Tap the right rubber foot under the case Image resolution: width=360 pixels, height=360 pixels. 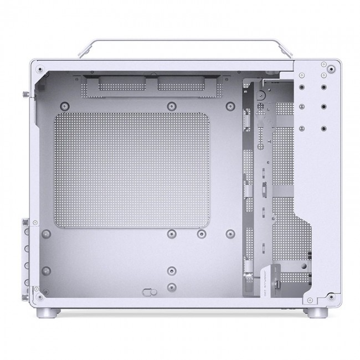317,312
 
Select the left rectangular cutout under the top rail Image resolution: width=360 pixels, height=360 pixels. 123,84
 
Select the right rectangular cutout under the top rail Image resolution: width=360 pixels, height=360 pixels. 181,84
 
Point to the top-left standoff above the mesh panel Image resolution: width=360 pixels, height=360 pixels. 65,105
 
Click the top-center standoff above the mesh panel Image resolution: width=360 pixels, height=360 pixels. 172,105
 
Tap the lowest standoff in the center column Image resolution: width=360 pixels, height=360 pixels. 172,287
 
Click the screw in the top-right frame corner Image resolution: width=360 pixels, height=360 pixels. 331,69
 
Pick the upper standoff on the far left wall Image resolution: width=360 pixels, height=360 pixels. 47,233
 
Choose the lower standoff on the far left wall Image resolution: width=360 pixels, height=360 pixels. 47,271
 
